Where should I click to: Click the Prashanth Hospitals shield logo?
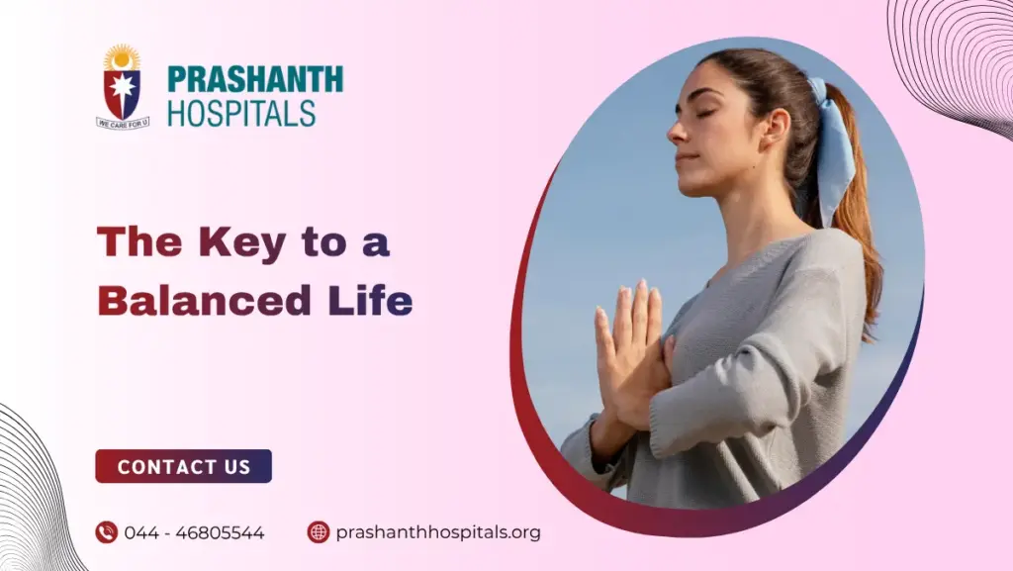(x=123, y=89)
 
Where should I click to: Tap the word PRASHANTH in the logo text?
(x=255, y=79)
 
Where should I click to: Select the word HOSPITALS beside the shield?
(x=241, y=112)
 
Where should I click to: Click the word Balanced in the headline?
(x=189, y=301)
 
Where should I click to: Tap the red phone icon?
(x=106, y=532)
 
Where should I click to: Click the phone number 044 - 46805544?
(x=194, y=532)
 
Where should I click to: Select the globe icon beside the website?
(x=318, y=532)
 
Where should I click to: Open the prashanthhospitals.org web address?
(x=438, y=532)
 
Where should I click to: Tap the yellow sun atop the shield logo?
(x=123, y=57)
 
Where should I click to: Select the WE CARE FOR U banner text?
(x=123, y=123)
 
